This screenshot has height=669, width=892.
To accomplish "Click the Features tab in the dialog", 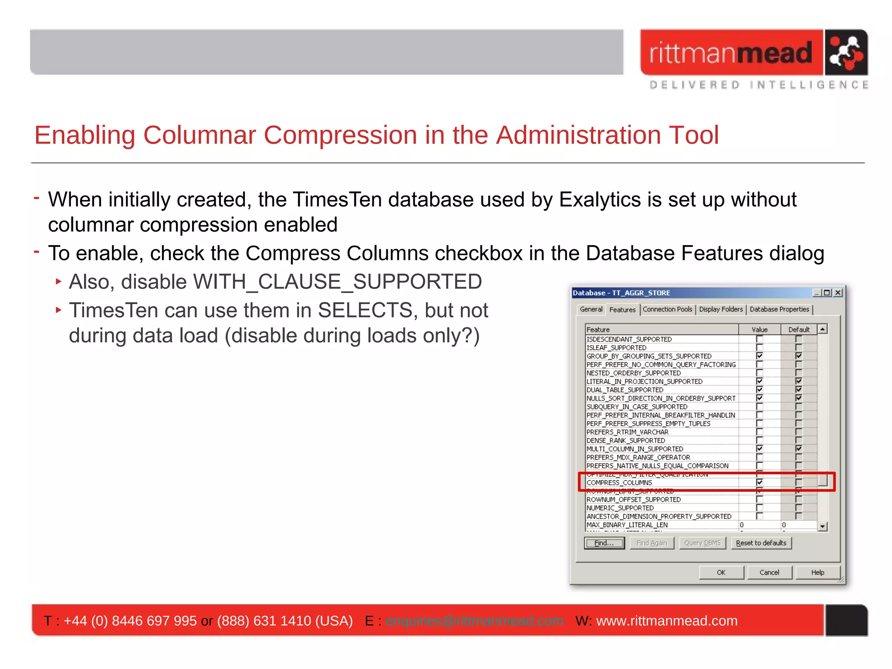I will coord(622,310).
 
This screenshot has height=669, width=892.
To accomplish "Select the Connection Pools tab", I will coord(667,309).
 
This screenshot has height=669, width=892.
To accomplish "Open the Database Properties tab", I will coord(779,309).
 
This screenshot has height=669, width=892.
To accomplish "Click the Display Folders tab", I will coord(721,309).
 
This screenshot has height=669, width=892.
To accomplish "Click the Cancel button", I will coord(769,572).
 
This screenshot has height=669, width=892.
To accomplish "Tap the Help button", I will coord(818,572).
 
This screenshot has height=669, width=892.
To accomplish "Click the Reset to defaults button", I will coord(761,543).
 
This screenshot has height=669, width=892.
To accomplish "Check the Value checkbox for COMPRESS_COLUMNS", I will coord(760,482).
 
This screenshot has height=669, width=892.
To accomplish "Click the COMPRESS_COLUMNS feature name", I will coord(619,483).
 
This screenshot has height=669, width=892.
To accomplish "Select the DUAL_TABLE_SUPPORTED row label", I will coord(625,390).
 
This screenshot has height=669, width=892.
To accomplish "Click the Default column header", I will coord(799,330).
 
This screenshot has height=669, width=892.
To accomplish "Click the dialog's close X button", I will coord(838,293).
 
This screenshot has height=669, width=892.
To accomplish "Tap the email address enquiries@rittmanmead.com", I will coord(474,621).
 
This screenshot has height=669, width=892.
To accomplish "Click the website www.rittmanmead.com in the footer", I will coord(667,621).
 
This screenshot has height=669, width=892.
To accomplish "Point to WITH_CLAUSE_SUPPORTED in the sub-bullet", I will coord(338,282).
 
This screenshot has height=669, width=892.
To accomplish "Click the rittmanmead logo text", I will coord(730,53).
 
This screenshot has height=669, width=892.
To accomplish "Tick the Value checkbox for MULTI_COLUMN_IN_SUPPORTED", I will coord(760,449).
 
